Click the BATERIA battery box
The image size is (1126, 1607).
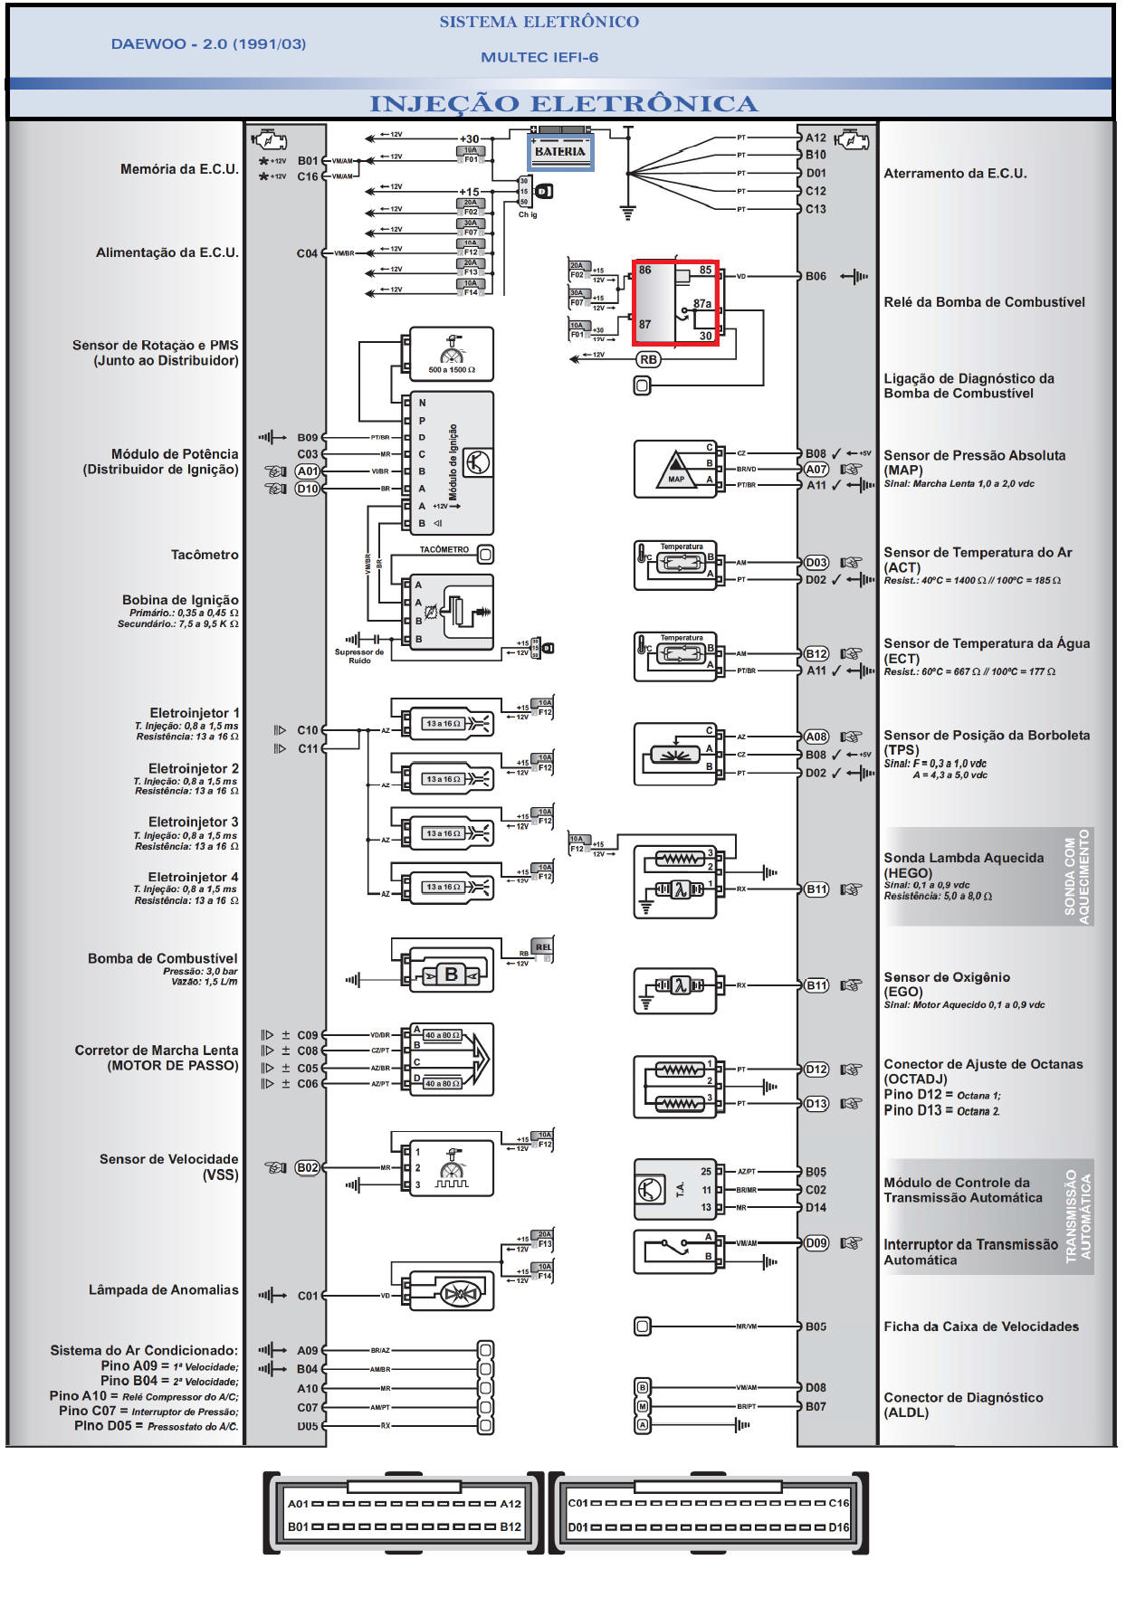tap(560, 152)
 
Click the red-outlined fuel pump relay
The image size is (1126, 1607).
tap(675, 304)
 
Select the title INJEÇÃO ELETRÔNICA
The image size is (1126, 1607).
tap(562, 104)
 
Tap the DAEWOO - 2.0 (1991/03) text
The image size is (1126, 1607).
tap(208, 43)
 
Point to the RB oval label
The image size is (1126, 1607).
tap(648, 359)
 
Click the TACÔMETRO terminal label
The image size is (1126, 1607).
tap(444, 549)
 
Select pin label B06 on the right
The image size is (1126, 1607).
tap(816, 276)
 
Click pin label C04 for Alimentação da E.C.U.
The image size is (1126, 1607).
tap(307, 253)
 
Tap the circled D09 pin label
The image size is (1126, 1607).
tap(816, 1243)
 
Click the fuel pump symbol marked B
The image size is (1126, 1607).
tap(451, 975)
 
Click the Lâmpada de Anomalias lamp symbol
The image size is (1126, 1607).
tap(459, 1294)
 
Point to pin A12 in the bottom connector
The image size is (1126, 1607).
tap(511, 1504)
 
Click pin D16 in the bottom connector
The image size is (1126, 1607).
tap(839, 1527)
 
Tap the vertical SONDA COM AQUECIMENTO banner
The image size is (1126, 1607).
tap(1077, 876)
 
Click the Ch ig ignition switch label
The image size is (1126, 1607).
tap(528, 215)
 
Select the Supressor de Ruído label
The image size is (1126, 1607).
tap(359, 656)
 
